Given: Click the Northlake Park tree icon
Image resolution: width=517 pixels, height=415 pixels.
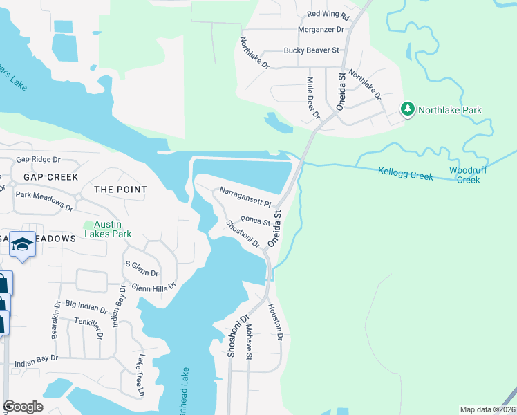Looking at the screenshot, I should tap(408, 109).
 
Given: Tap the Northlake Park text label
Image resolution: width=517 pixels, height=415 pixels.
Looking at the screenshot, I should tap(449, 110).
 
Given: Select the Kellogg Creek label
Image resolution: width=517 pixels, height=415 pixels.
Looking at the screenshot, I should tap(405, 173).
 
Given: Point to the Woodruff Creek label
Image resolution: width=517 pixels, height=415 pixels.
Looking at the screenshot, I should tap(464, 175).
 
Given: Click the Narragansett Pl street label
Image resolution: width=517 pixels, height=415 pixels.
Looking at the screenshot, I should tap(246, 196).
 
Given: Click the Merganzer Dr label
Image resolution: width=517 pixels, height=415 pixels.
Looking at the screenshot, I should tap(321, 30).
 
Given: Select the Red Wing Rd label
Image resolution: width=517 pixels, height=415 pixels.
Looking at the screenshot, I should tap(328, 14).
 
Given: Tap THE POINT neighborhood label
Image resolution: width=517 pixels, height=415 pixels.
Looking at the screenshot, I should tap(120, 190).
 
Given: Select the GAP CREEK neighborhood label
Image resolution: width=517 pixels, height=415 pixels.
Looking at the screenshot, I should tap(50, 177).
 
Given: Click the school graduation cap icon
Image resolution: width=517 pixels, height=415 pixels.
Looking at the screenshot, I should tap(23, 245).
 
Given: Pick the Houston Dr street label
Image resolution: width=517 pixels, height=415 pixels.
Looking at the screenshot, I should tap(275, 322).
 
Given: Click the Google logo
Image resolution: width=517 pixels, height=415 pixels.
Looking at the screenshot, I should tap(23, 407).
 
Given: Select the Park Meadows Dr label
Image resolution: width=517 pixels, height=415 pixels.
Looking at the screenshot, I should tap(44, 201).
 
